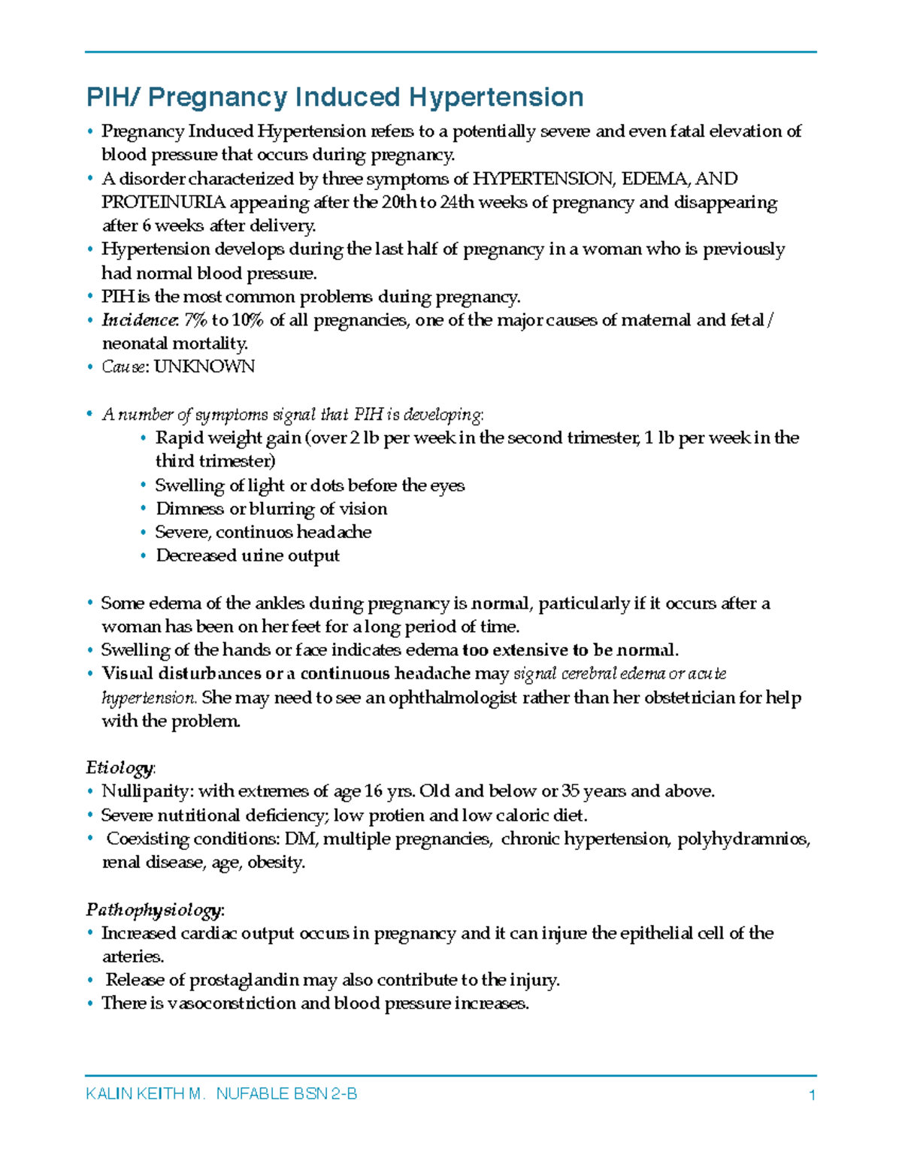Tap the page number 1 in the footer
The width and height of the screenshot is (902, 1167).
(812, 1095)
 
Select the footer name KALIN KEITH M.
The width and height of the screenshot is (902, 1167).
(145, 1094)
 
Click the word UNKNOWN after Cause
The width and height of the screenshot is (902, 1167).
(204, 367)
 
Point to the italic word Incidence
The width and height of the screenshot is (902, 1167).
(139, 320)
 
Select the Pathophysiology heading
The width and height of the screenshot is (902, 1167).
(154, 910)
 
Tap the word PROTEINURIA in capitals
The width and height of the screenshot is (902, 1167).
(163, 202)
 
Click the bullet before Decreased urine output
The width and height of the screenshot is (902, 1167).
(144, 556)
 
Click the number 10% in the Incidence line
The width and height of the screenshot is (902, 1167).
(247, 320)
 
